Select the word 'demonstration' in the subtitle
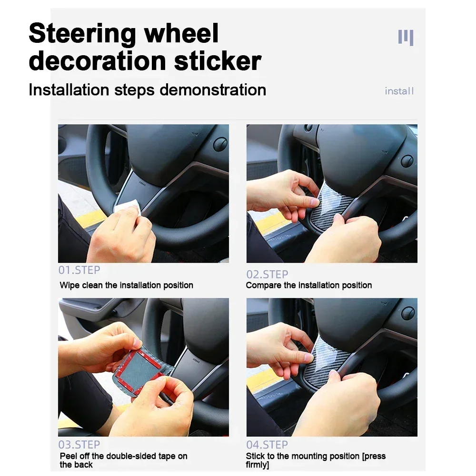[x=213, y=89]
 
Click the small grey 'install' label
[x=399, y=91]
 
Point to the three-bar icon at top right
[x=406, y=37]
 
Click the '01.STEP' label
[x=79, y=270]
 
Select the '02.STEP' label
[x=267, y=274]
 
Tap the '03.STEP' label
[x=79, y=445]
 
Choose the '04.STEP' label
[x=267, y=445]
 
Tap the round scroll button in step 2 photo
[x=407, y=161]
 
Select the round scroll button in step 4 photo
[x=408, y=313]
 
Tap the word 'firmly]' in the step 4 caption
[x=258, y=465]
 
